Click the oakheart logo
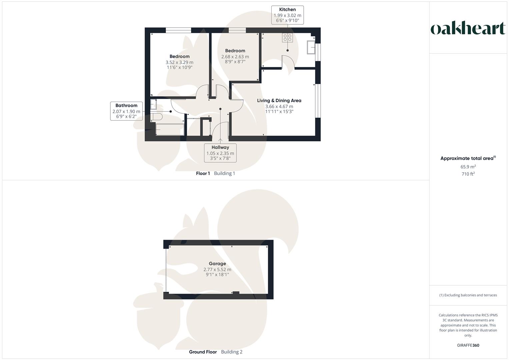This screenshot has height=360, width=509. (x=468, y=28)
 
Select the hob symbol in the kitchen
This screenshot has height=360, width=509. (x=287, y=38)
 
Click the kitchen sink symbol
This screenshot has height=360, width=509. (x=311, y=47)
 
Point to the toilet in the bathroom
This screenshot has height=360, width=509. (x=156, y=117)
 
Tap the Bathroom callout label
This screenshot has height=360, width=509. (x=126, y=111)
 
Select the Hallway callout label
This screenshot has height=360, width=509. (x=220, y=153)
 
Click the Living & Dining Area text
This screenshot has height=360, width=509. (x=279, y=100)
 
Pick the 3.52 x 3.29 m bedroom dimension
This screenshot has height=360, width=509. (x=179, y=62)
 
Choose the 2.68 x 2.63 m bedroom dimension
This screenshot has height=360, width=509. (x=235, y=57)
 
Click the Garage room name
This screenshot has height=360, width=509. (x=217, y=264)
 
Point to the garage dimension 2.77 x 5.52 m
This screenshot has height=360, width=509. (x=217, y=269)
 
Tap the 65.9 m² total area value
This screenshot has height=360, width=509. (x=468, y=167)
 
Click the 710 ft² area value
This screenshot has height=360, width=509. (x=468, y=174)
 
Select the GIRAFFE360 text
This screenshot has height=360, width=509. (x=468, y=345)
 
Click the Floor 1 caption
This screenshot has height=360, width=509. (x=203, y=173)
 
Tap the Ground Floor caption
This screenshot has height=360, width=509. (x=203, y=352)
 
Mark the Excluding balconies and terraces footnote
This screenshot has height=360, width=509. (x=468, y=295)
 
